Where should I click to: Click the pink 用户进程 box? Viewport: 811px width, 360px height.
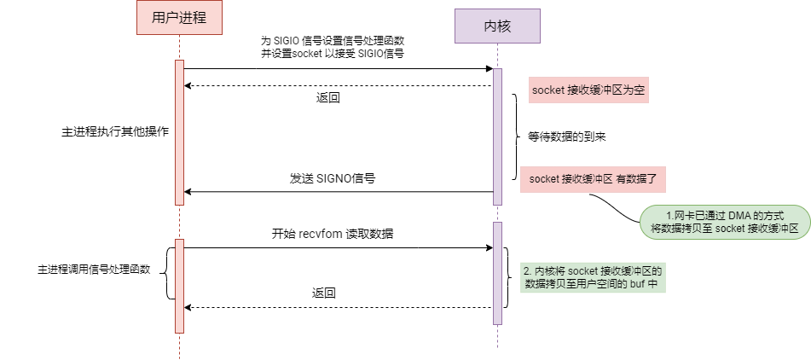pyautogui.click(x=179, y=18)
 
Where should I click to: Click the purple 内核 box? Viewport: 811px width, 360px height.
pyautogui.click(x=497, y=26)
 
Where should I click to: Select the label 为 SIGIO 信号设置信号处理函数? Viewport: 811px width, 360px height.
pyautogui.click(x=333, y=40)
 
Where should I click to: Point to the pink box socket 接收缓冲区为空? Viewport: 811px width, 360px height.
pyautogui.click(x=589, y=90)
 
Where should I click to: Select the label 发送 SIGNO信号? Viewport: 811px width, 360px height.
pyautogui.click(x=333, y=179)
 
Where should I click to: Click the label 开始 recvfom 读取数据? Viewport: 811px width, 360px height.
pyautogui.click(x=333, y=234)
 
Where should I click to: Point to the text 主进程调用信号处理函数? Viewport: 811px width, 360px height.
pyautogui.click(x=94, y=270)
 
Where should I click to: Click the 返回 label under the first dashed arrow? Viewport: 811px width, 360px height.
pyautogui.click(x=328, y=98)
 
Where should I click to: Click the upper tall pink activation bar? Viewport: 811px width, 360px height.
pyautogui.click(x=179, y=132)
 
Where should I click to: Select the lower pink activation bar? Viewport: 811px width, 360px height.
pyautogui.click(x=179, y=285)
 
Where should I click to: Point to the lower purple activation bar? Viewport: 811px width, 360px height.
pyautogui.click(x=497, y=273)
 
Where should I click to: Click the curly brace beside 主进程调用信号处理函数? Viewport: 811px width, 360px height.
pyautogui.click(x=168, y=273)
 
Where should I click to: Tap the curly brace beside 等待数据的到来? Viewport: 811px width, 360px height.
pyautogui.click(x=514, y=136)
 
